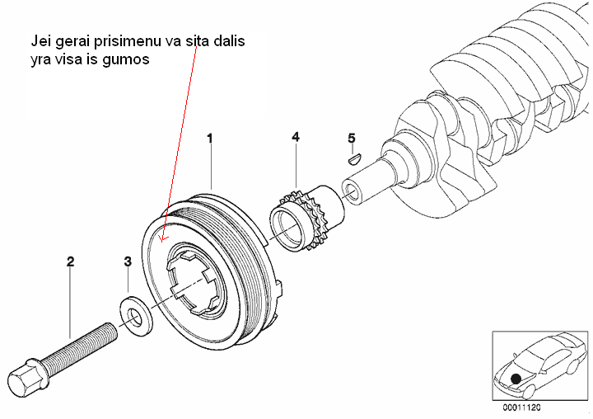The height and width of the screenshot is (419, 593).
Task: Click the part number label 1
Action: [x=210, y=139]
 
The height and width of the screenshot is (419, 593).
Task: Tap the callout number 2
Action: [x=71, y=261]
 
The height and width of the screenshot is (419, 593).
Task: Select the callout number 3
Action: [x=128, y=261]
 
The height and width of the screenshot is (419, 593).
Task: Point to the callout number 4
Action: [x=295, y=138]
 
